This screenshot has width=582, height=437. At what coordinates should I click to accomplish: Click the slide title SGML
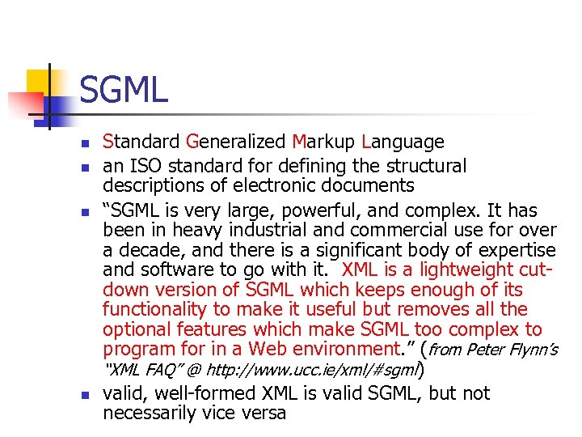coord(124,89)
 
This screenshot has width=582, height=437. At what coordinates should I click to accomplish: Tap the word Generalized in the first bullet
coord(235,142)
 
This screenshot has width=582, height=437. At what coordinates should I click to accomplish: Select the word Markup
coord(324,142)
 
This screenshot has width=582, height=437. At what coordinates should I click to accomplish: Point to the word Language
coord(403,142)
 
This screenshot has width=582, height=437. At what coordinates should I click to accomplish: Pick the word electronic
coord(247,186)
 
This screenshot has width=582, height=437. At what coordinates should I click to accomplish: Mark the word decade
coord(148,251)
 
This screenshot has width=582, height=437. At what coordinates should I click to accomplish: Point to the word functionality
coord(154,310)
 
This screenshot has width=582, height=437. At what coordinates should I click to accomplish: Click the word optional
coord(134,330)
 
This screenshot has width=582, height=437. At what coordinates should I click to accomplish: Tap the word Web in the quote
coord(268,350)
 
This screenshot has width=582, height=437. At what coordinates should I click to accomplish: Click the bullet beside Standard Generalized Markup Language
coord(85,143)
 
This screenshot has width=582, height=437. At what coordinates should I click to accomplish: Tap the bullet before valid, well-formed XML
coord(85,395)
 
